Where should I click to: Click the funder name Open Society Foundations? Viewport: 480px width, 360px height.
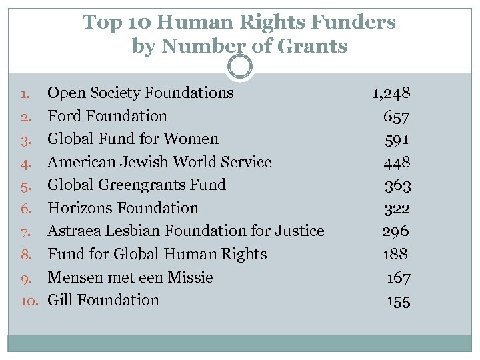click(x=141, y=93)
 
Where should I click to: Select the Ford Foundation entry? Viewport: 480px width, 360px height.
click(x=107, y=116)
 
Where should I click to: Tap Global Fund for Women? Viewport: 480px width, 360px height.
click(x=133, y=139)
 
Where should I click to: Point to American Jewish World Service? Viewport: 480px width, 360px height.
click(x=160, y=162)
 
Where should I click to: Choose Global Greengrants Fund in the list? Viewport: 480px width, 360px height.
click(x=137, y=185)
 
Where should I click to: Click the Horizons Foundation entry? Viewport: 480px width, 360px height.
click(x=123, y=208)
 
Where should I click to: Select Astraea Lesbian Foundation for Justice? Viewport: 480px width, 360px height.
click(x=186, y=231)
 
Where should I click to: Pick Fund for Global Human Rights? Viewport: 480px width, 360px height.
click(x=157, y=254)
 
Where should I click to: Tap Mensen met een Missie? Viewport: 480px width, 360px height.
click(x=131, y=277)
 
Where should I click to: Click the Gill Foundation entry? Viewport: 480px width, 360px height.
click(x=103, y=300)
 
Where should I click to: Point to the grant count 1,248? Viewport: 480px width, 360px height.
click(x=391, y=93)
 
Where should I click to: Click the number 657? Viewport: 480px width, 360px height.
click(x=397, y=117)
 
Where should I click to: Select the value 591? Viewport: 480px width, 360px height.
click(x=397, y=139)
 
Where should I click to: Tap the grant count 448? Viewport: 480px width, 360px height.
click(x=397, y=163)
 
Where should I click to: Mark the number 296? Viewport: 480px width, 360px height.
click(x=396, y=231)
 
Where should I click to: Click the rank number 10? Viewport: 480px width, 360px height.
click(x=30, y=301)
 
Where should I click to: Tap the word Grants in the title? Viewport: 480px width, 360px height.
click(x=311, y=46)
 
